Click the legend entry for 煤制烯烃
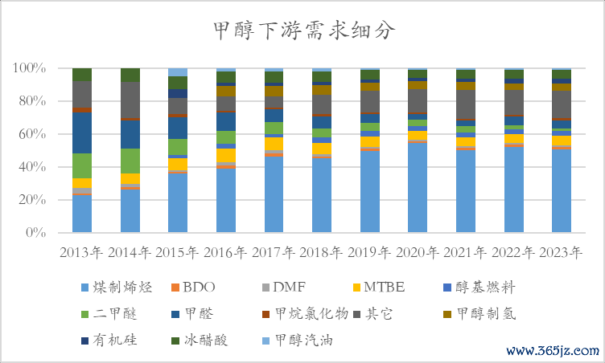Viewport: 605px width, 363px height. tap(112, 287)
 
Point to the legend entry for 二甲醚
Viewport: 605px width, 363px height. tap(112, 313)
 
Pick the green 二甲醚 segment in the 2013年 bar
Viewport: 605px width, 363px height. tap(81, 165)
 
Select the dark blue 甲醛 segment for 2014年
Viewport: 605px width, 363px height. tap(130, 134)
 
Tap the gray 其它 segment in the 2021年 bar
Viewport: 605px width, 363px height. tap(466, 104)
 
